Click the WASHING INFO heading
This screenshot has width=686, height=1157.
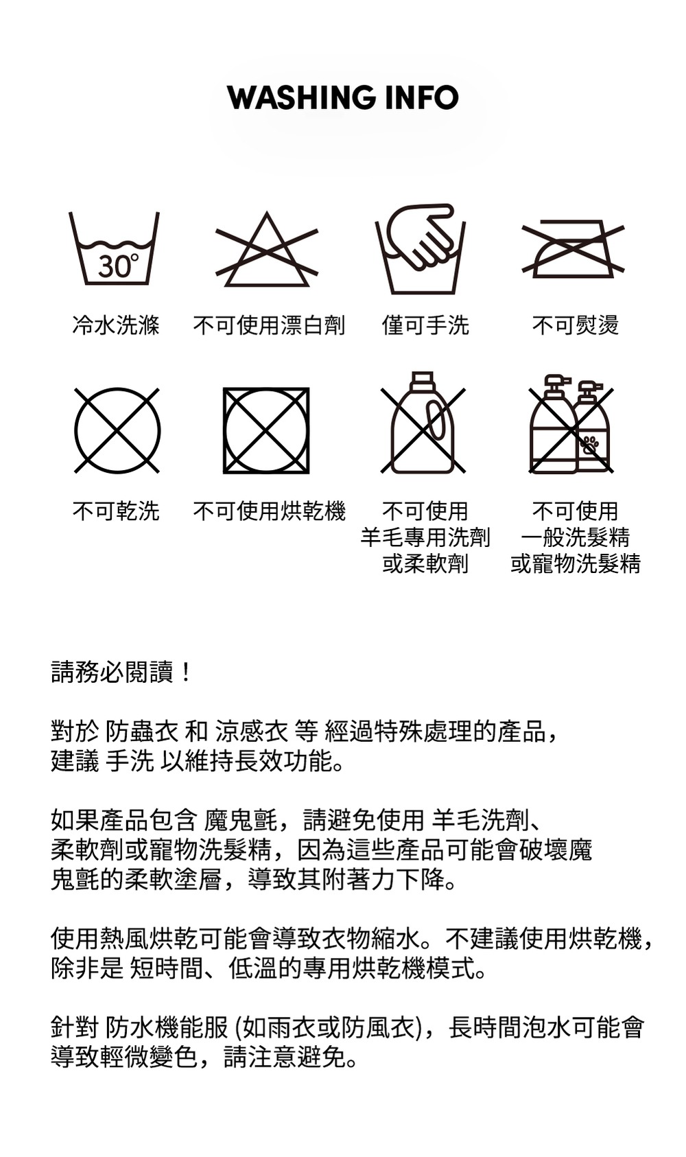tap(343, 97)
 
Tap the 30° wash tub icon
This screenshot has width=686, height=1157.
tap(114, 248)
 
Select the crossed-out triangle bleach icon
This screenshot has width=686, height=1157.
tap(266, 249)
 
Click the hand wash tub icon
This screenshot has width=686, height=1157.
tap(420, 249)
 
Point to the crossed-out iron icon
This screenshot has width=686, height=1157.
tap(573, 249)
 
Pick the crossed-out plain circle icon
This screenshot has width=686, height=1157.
tap(117, 430)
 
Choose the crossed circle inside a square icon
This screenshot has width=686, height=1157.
tap(266, 430)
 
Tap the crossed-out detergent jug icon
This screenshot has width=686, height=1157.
tap(423, 422)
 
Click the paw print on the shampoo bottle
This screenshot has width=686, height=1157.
tap(590, 444)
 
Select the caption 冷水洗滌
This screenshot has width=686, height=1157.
tap(116, 325)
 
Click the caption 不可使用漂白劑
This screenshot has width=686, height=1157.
tap(269, 325)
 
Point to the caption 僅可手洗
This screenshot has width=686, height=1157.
tap(425, 325)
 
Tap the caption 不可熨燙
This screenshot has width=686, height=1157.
tap(576, 325)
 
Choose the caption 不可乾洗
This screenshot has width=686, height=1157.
tap(116, 511)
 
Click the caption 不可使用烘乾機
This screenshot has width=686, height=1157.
tap(269, 511)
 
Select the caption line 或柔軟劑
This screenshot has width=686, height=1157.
tap(425, 563)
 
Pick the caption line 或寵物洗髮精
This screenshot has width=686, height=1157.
tap(576, 563)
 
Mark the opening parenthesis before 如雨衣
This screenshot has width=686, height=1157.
tap(239, 1027)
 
